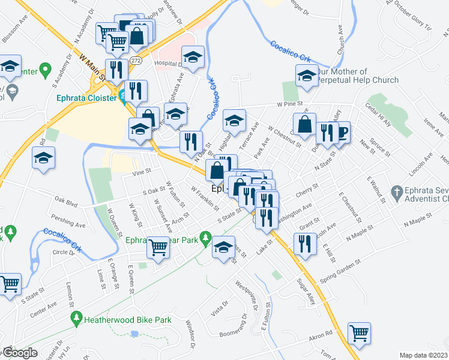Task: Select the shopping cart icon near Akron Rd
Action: pos(359,334)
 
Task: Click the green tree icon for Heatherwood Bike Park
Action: pos(76,316)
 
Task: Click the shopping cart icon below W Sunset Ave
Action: pos(158,246)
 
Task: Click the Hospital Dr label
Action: pos(167,64)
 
